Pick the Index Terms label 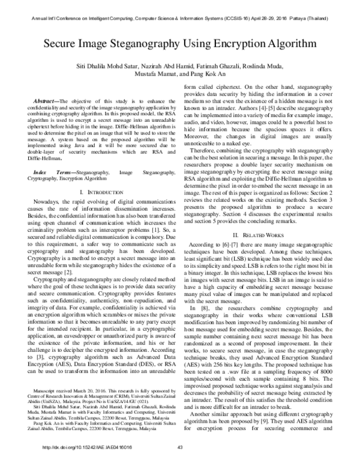pos(48,155)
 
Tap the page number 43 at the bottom pos(179,461)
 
